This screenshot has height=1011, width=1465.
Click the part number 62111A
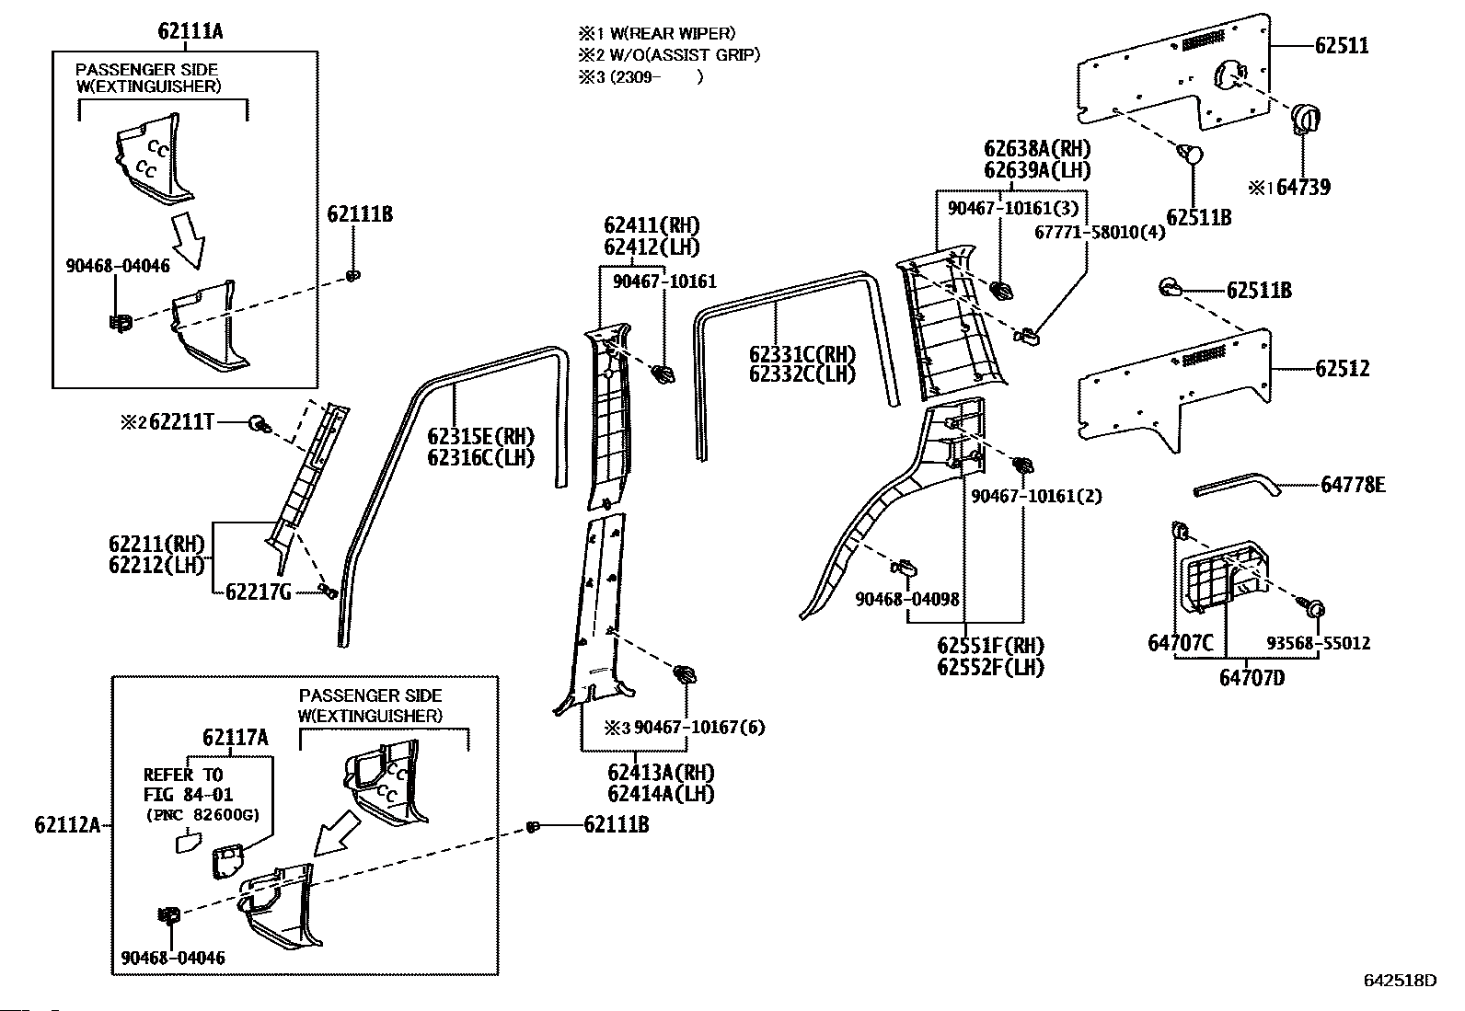tap(190, 31)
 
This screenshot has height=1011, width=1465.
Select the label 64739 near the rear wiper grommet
tap(1303, 188)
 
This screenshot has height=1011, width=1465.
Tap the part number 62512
tap(1342, 369)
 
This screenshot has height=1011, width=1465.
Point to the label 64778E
tap(1353, 485)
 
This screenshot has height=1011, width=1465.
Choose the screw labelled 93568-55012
tap(1312, 607)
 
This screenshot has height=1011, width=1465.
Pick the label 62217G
tap(259, 592)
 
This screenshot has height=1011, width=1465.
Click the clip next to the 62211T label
tap(260, 424)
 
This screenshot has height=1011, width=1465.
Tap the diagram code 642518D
tap(1400, 998)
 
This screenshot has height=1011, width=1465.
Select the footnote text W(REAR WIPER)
tap(673, 33)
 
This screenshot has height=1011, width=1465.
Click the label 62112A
tap(68, 824)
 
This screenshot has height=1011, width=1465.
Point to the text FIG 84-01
tap(188, 795)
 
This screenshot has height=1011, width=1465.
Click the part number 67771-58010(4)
tap(1100, 232)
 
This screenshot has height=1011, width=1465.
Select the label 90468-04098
tap(907, 599)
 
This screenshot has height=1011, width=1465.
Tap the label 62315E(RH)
tap(480, 436)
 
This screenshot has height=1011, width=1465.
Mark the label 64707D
tap(1252, 677)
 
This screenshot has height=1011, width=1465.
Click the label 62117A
tap(236, 738)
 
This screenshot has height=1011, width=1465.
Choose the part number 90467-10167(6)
tap(699, 727)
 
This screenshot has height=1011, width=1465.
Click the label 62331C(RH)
tap(802, 354)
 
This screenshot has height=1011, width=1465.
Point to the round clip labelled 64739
tap(1305, 120)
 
